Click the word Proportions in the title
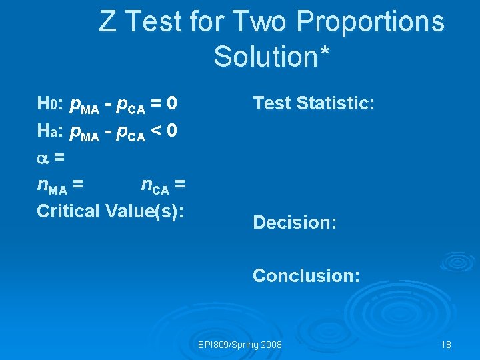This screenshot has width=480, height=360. tap(371, 21)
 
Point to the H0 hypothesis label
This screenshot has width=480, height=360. tap(48, 104)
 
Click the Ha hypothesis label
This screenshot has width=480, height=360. tap(48, 131)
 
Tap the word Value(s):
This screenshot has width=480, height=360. tap(145, 211)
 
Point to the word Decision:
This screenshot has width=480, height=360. tap(295, 222)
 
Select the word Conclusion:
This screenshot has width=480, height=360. tap(306, 275)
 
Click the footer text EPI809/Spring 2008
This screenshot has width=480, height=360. tap(240, 345)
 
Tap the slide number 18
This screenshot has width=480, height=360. tap(446, 345)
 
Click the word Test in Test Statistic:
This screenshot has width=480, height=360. tap(271, 103)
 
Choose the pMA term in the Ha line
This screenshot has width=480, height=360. tap(85, 132)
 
